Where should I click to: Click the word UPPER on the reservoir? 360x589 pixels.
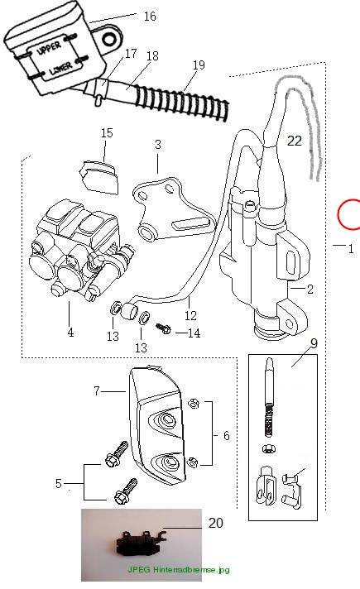[x=49, y=49]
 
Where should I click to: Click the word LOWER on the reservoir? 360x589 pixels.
[x=60, y=69]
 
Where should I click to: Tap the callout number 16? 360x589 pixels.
[x=150, y=17]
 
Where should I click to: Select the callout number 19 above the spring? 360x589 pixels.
[x=199, y=65]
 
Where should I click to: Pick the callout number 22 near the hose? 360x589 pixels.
[x=295, y=141]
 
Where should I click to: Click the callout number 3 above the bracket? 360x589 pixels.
[x=158, y=144]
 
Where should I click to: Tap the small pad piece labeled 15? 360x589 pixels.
[x=98, y=176]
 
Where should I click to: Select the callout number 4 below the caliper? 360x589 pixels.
[x=70, y=333]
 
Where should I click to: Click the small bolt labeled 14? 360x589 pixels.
[x=164, y=328]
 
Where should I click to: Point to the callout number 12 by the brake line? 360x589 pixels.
[x=190, y=315]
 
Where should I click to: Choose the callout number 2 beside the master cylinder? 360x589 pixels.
[x=310, y=289]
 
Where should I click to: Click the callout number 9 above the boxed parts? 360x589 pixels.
[x=314, y=343]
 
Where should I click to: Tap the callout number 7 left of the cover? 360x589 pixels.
[x=97, y=391]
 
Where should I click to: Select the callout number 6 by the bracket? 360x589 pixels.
[x=226, y=435]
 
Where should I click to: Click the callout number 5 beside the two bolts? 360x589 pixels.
[x=58, y=483]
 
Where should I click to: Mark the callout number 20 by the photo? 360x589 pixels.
[x=216, y=523]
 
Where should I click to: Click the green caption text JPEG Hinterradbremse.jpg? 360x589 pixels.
[x=179, y=569]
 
